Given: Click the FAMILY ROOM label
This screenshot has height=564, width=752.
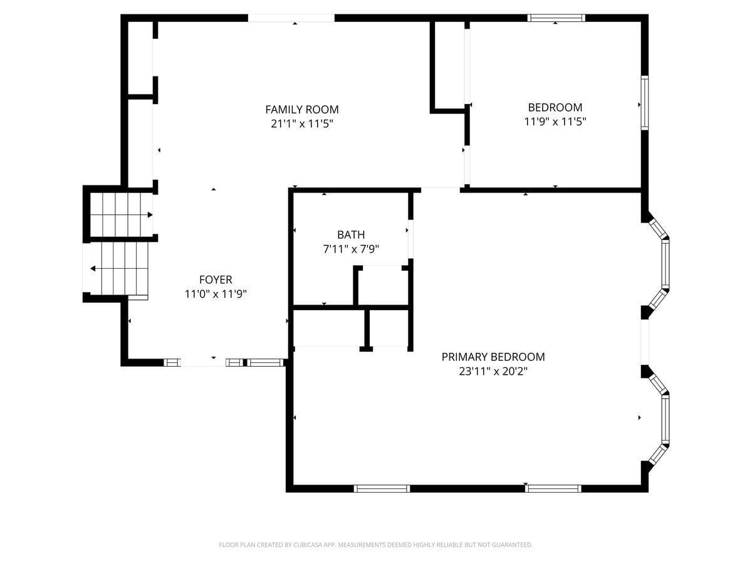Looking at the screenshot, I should pyautogui.click(x=301, y=110).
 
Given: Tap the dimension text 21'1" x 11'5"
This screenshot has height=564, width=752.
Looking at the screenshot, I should pyautogui.click(x=301, y=124).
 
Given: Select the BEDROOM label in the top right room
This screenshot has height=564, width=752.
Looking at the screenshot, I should pyautogui.click(x=555, y=107).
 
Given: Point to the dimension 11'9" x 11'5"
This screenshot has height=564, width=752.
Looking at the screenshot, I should pyautogui.click(x=555, y=122).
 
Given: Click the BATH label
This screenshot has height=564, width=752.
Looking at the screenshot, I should pyautogui.click(x=351, y=235).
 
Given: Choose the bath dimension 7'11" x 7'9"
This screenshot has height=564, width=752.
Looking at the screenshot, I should pyautogui.click(x=351, y=249).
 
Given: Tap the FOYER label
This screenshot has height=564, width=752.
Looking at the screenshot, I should pyautogui.click(x=216, y=280).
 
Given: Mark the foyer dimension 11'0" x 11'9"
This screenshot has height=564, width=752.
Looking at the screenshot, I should pyautogui.click(x=216, y=295).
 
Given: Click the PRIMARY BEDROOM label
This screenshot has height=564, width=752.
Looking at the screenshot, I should pyautogui.click(x=493, y=357).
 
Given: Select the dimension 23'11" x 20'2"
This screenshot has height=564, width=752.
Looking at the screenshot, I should pyautogui.click(x=493, y=371).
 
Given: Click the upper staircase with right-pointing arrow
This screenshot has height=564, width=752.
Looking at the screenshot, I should pyautogui.click(x=120, y=215).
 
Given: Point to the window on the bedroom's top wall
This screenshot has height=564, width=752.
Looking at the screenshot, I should pyautogui.click(x=556, y=18).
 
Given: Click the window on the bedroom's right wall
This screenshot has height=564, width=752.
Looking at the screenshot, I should pyautogui.click(x=644, y=103).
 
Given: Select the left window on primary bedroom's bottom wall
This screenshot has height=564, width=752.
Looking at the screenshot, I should pyautogui.click(x=382, y=488).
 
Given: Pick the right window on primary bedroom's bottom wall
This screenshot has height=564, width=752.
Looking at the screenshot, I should pyautogui.click(x=553, y=488).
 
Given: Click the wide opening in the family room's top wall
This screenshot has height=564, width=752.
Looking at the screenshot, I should pyautogui.click(x=291, y=18).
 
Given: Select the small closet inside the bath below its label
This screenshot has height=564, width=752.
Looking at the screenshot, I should pyautogui.click(x=382, y=286).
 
